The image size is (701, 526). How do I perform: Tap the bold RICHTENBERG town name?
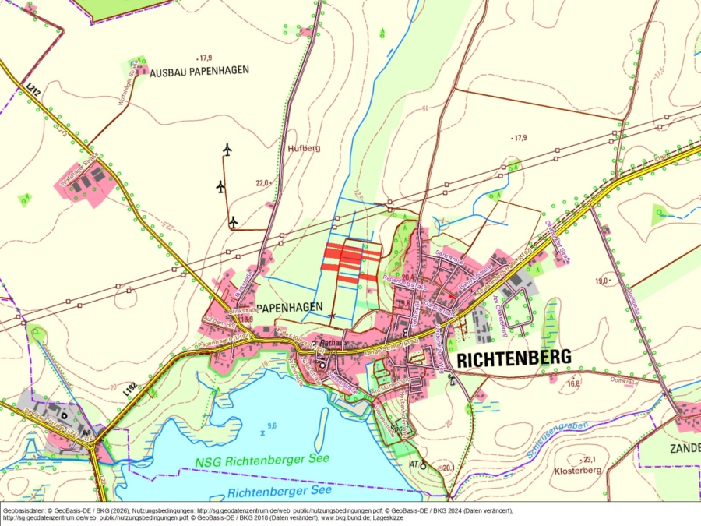[513, 358]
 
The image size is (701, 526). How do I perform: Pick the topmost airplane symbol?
[227, 149]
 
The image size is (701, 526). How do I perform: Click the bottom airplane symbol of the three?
[233, 223]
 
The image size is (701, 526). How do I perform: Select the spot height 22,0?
[261, 183]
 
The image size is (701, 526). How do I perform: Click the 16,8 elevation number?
[574, 383]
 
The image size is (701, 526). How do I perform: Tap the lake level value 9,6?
[272, 425]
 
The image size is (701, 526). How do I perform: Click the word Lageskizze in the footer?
[384, 517]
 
